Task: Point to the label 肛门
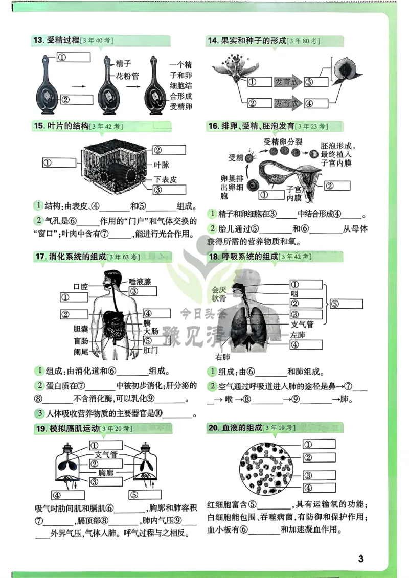coord(151,351)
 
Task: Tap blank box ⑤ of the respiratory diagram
coord(347,304)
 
